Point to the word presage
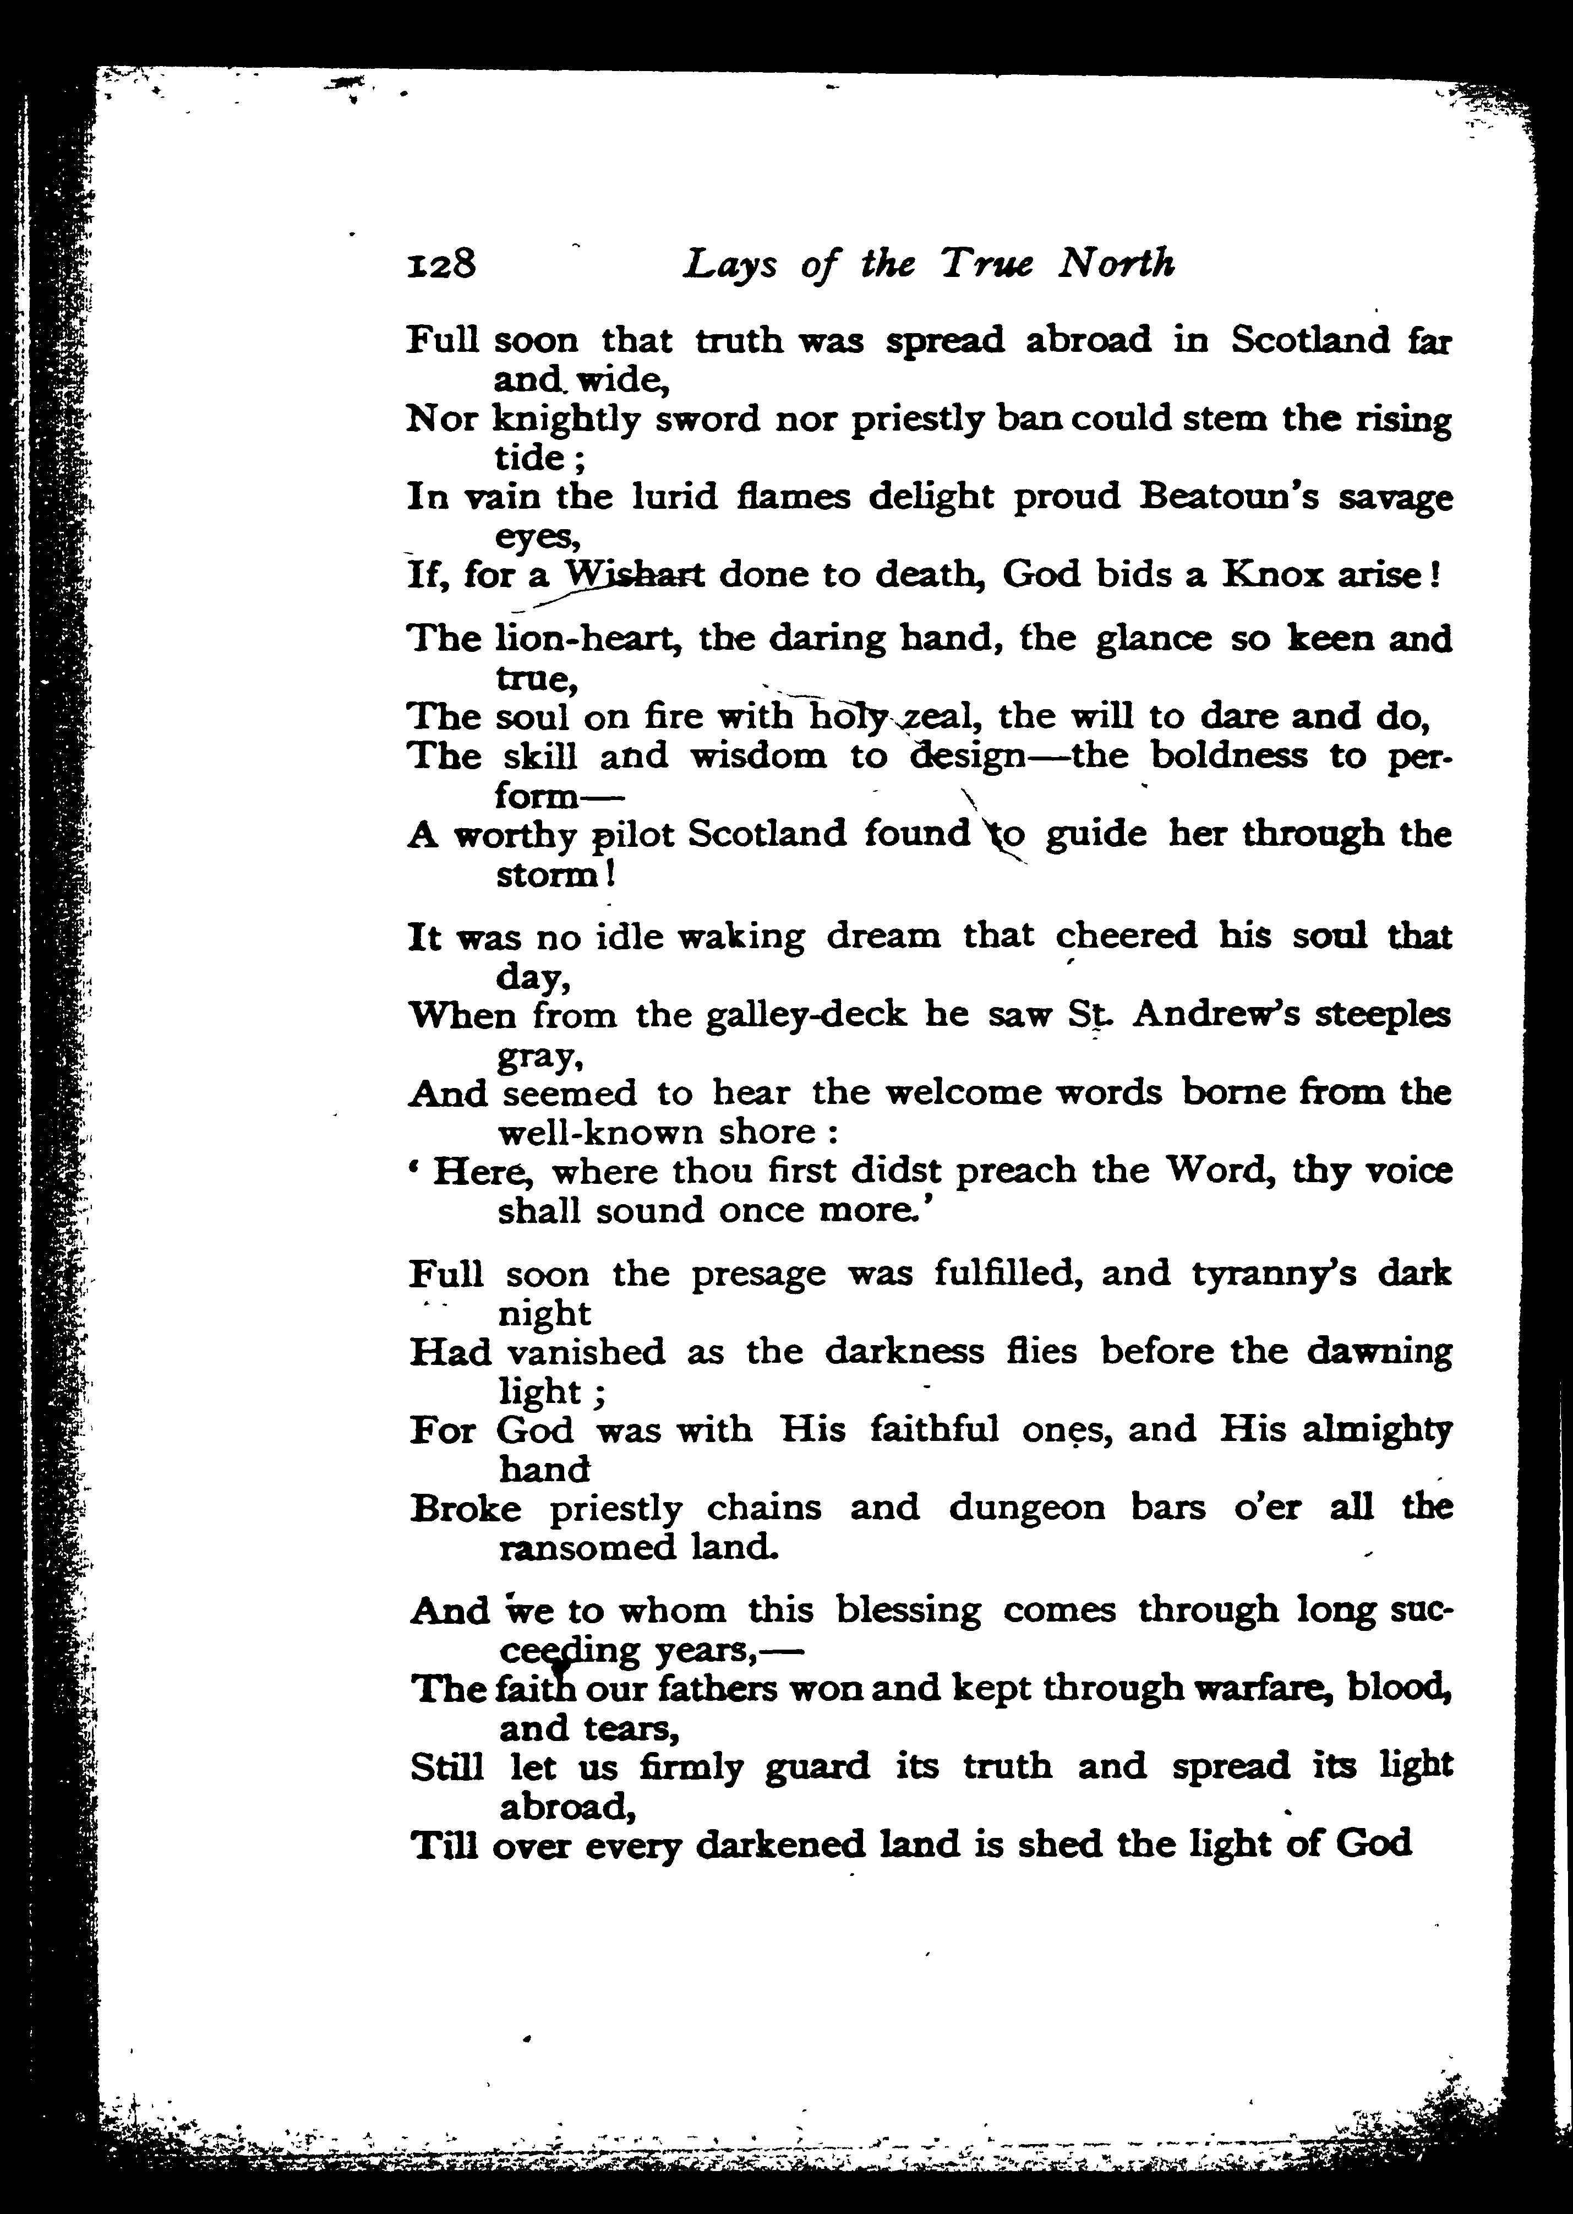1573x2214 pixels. click(x=758, y=1273)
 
